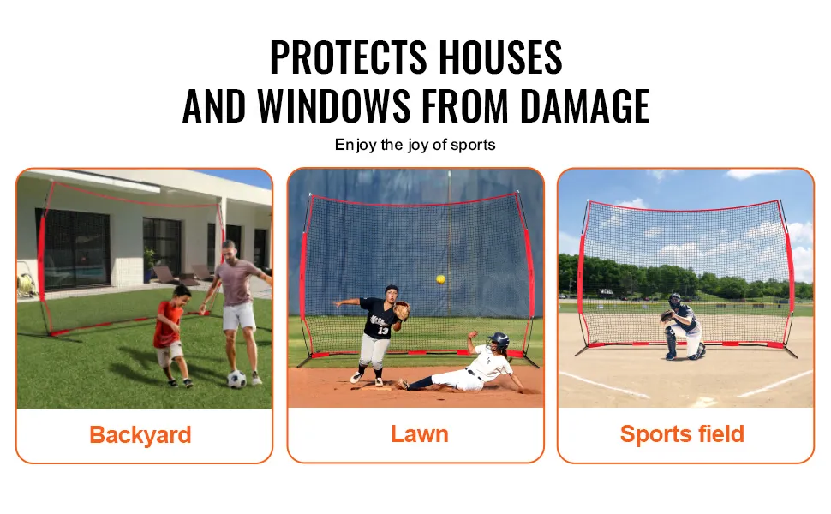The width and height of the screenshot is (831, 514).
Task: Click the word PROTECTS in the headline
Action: point(348,57)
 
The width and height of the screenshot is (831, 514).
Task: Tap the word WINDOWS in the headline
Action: point(334,105)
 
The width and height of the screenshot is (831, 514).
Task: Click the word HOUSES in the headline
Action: point(500,57)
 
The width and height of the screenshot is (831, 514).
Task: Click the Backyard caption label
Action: point(140,434)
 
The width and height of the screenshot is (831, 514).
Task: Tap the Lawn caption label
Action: point(420,433)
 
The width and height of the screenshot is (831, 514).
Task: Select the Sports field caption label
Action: point(682,433)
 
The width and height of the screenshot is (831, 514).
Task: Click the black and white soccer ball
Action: point(237,379)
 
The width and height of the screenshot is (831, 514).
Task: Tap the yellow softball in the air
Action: point(440,279)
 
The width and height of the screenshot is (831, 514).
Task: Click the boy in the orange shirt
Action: point(171,335)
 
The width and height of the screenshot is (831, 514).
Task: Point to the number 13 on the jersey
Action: point(383,331)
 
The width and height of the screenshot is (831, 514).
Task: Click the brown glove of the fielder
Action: point(402,310)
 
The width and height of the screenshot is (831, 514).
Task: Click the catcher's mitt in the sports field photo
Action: point(667,316)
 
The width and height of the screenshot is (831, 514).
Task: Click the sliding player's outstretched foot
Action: point(403,383)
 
